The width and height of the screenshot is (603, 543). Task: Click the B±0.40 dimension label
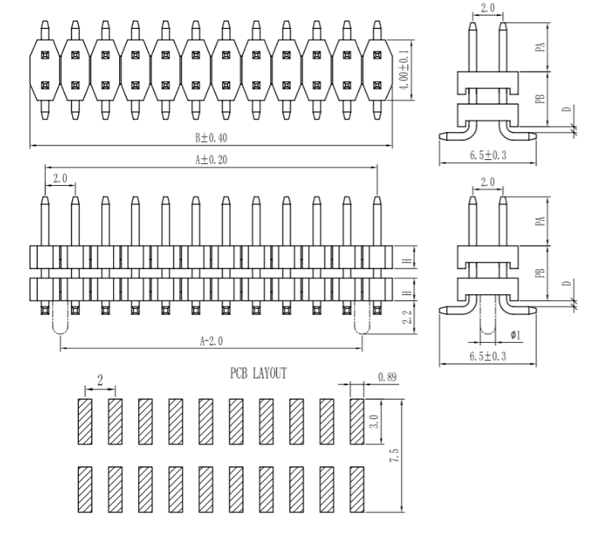[212, 139]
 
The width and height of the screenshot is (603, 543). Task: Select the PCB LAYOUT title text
[259, 375]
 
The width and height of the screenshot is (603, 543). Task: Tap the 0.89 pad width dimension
[386, 377]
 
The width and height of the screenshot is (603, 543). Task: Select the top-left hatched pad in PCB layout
[84, 422]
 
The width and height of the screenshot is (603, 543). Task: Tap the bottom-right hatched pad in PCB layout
[357, 487]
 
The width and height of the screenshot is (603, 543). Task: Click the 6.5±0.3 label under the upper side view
[488, 155]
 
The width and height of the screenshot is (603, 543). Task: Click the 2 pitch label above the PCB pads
[99, 379]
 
